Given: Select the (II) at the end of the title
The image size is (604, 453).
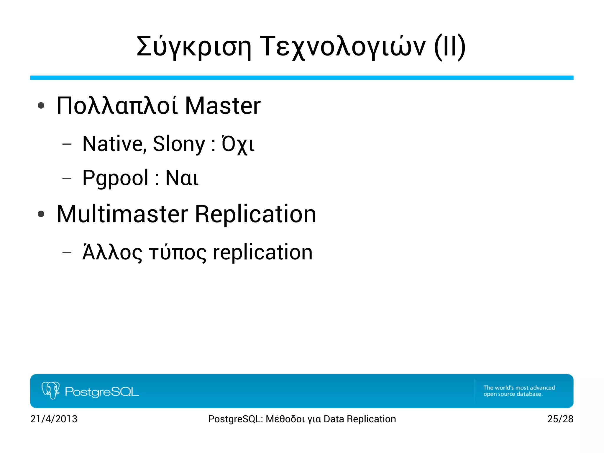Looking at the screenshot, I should (450, 47).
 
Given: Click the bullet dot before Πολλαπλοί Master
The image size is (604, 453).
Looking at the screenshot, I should (41, 106).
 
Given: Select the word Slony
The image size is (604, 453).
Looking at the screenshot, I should (179, 144).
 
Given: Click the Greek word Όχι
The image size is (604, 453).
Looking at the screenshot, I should (238, 144).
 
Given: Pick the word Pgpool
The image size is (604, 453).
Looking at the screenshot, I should (115, 178).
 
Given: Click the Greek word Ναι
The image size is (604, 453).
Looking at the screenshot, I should (182, 178).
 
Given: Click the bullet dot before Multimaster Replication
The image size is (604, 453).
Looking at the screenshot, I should (41, 214).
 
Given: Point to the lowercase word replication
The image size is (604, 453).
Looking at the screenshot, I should (262, 253).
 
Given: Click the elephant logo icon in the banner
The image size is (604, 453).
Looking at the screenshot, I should (51, 390).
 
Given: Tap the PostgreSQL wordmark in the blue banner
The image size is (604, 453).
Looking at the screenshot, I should (102, 392).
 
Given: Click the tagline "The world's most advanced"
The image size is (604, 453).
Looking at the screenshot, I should (519, 387).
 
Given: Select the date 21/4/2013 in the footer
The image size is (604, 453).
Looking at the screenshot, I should (54, 419).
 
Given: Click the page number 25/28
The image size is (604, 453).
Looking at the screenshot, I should (560, 419).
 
